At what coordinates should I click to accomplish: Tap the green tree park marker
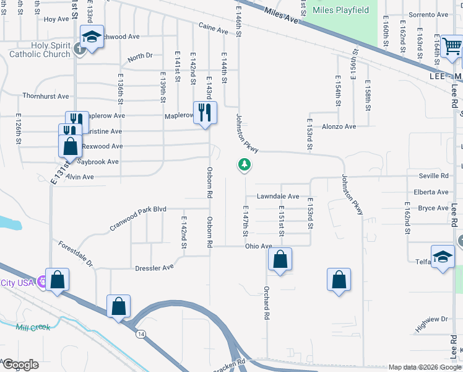coord(245,165)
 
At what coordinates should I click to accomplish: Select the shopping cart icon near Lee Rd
coord(452,45)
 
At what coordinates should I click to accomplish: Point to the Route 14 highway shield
coord(142,334)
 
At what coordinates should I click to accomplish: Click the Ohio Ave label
coord(259,246)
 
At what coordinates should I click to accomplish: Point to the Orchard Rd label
coord(267,303)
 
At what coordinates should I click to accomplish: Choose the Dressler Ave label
coord(155,268)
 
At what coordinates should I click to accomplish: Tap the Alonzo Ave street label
coord(339,126)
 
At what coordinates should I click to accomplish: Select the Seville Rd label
coord(433,176)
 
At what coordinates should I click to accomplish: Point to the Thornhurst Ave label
coord(45,96)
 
